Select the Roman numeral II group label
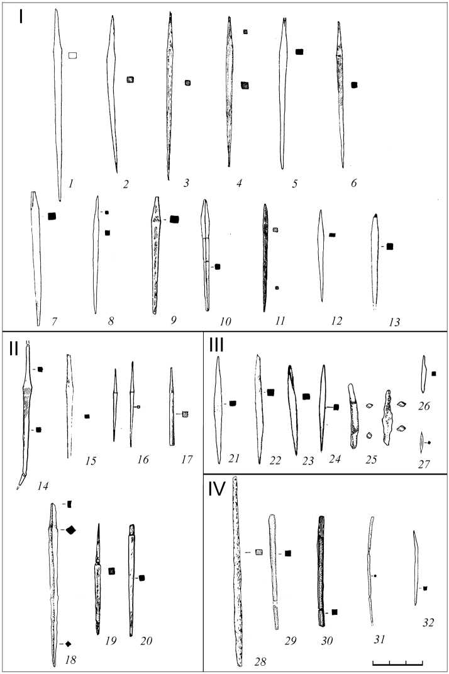[14, 347]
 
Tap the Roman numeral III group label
[220, 346]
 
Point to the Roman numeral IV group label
[220, 488]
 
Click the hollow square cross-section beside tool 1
[73, 56]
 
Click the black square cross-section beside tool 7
[52, 216]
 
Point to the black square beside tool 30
[335, 612]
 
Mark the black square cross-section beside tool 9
[175, 219]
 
